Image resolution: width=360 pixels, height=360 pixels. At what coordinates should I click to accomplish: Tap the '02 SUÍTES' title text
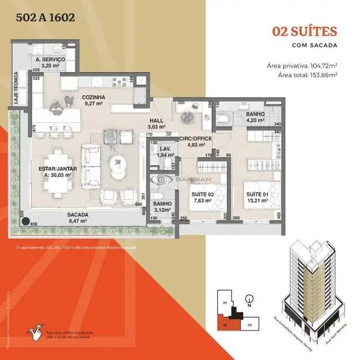pos(305,32)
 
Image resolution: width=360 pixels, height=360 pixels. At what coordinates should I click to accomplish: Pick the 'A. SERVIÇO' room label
pos(50,59)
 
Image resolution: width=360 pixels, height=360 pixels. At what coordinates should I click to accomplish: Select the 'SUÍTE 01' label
pos(258,195)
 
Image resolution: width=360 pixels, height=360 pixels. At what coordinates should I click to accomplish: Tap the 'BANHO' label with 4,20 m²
pos(255,114)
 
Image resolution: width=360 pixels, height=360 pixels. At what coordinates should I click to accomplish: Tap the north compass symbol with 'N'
pos(250,299)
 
